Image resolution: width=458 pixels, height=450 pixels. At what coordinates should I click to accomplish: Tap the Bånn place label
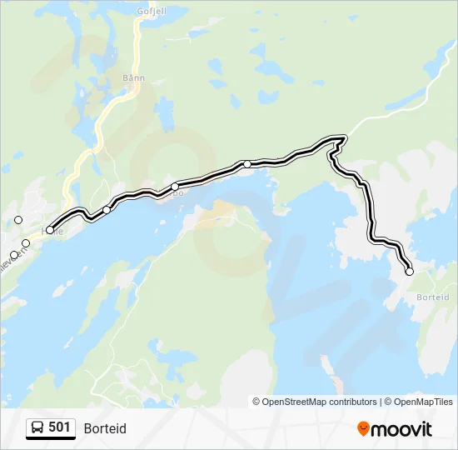(133, 78)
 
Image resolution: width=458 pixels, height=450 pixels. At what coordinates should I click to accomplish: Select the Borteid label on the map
(432, 297)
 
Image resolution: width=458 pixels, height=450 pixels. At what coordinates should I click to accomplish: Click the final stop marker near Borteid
(409, 272)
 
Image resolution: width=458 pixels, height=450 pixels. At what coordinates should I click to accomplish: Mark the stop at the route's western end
(50, 230)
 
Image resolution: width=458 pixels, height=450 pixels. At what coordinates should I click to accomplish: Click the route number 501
(59, 427)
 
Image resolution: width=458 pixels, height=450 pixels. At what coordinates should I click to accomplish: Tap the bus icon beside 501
(37, 428)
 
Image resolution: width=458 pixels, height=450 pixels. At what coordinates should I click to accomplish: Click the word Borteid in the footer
(105, 428)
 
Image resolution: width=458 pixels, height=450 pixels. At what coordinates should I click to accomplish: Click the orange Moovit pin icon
(363, 428)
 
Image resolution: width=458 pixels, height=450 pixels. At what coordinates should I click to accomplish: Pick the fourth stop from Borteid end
(107, 209)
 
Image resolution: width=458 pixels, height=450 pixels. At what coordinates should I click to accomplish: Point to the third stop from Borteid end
(175, 187)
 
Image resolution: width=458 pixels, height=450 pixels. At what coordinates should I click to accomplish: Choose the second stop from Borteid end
(247, 164)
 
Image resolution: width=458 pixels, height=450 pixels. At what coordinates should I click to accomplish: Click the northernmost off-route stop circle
(18, 220)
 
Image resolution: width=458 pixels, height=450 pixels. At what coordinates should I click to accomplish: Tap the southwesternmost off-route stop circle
(13, 255)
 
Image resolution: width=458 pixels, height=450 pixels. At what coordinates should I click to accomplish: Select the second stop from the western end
(107, 209)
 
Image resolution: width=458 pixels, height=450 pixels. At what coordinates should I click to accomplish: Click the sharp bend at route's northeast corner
(343, 137)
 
